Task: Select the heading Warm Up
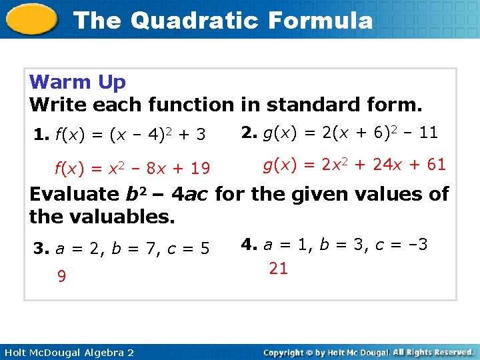pos(77,82)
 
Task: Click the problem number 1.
pos(40,135)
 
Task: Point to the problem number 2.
pos(249,133)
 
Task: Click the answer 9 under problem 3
pos(61,276)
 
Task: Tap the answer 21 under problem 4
pos(278,269)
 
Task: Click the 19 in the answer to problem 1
pos(200,169)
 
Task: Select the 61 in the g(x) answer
pos(436,164)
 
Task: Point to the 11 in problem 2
pos(428,133)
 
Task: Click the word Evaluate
pos(74,195)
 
